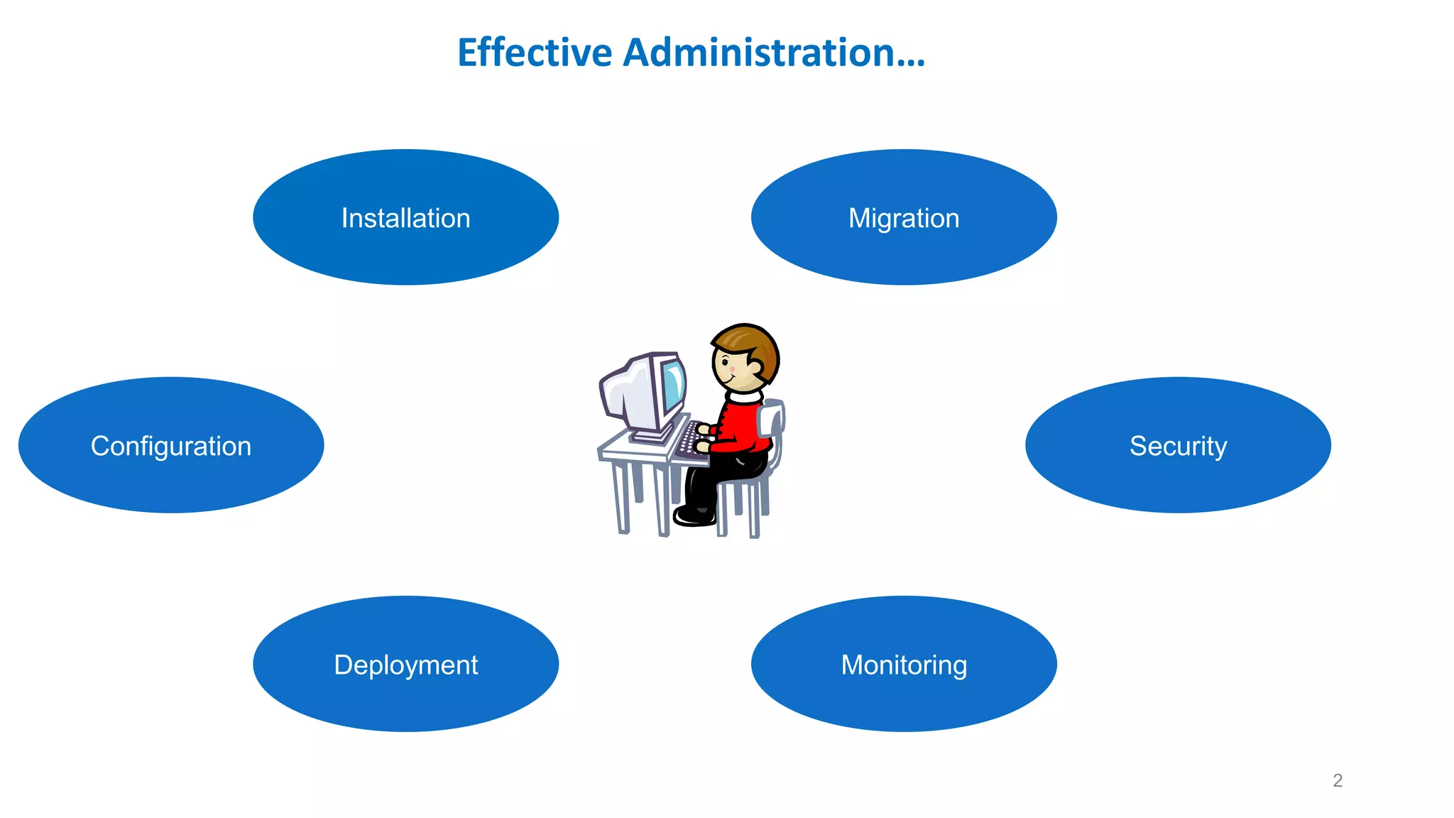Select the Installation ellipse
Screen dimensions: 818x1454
405,217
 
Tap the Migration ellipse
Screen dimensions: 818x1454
904,217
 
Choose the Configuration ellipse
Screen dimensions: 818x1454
171,445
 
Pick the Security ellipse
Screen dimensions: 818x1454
1178,445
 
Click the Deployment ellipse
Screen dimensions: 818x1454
405,664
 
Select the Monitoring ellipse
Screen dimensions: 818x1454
904,664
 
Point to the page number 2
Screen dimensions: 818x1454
1338,780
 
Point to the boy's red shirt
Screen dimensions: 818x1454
742,426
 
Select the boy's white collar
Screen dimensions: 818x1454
744,396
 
